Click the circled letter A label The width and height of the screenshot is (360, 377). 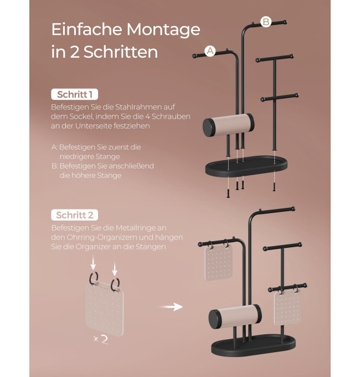click(210, 51)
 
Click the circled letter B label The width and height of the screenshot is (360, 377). click(266, 22)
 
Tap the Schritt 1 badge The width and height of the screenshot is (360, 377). click(74, 94)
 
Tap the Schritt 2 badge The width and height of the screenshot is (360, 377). click(74, 215)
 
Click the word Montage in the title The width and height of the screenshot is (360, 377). click(163, 30)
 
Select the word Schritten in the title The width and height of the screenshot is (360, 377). click(121, 52)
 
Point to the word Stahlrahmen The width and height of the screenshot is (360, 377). click(136, 107)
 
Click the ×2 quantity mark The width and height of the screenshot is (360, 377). click(101, 339)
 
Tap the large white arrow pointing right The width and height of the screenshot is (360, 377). click(171, 307)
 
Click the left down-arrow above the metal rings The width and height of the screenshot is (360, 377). click(93, 263)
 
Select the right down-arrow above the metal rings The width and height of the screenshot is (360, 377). click(115, 269)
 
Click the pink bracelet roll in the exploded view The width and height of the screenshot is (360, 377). click(228, 125)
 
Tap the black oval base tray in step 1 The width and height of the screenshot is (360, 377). click(246, 166)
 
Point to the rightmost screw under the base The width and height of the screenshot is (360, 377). click(274, 187)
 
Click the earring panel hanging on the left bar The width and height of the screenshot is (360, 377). click(219, 263)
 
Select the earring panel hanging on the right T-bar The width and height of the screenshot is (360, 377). click(287, 308)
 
